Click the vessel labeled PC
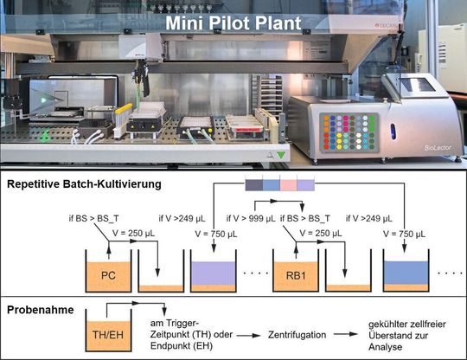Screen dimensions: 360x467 [x=108, y=276]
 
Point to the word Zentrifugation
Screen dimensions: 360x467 [x=296, y=332]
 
